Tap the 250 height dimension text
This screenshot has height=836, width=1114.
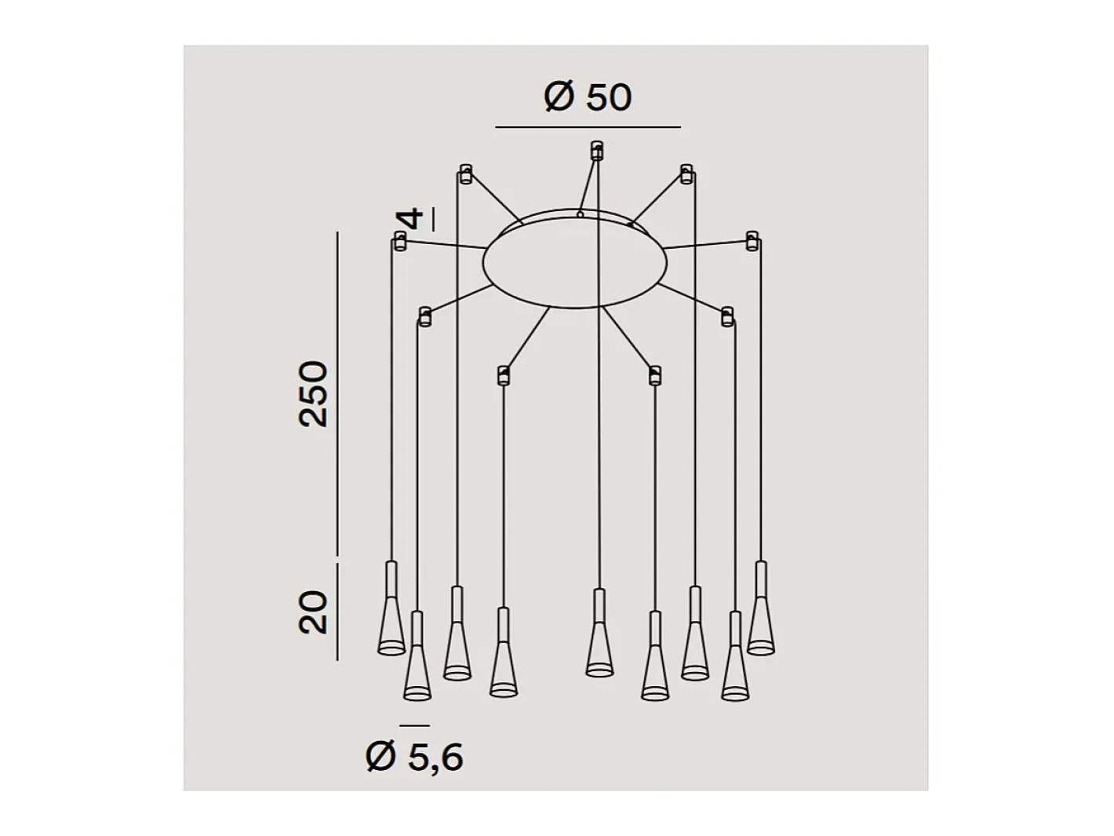click(314, 394)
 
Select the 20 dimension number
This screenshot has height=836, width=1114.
click(313, 612)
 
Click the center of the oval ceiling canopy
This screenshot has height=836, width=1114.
click(574, 262)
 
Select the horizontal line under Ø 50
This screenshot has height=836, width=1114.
click(588, 127)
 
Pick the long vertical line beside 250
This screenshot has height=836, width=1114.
click(337, 393)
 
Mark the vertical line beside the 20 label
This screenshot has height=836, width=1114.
click(337, 611)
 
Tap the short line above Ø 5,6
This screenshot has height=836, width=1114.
click(415, 726)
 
